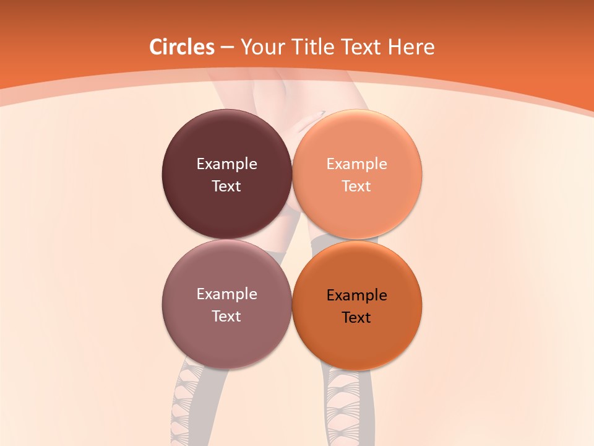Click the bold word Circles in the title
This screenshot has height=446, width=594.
(182, 47)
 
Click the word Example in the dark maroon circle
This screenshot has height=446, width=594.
(226, 164)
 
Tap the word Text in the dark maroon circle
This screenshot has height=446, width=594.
(226, 186)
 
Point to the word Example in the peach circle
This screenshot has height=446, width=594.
(356, 164)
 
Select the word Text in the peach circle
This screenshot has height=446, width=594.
(356, 186)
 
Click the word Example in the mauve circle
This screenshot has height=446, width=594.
(226, 294)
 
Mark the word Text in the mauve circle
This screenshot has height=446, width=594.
(226, 317)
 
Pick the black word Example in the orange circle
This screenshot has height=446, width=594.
(356, 295)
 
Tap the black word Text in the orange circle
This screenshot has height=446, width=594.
(356, 318)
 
